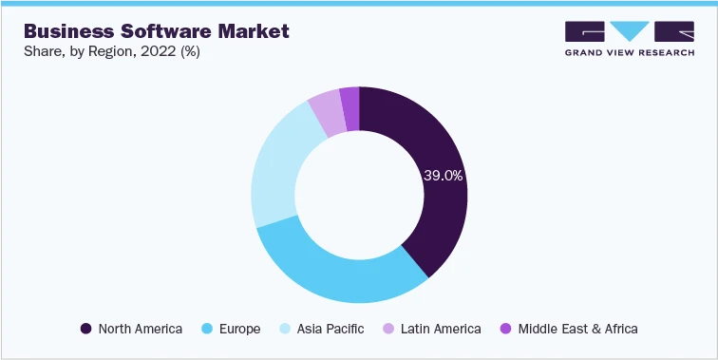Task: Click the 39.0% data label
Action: coord(443,176)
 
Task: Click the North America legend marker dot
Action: coord(86,329)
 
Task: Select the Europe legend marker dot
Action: coord(207,329)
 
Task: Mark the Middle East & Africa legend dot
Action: coord(505,329)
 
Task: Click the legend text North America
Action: coord(140,329)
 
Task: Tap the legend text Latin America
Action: coord(442,329)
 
